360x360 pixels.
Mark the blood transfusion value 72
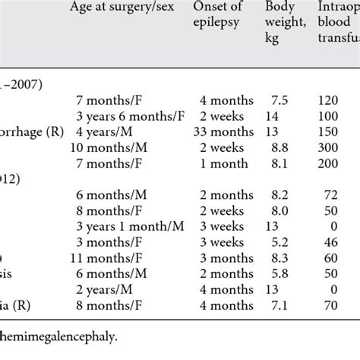point(345,194)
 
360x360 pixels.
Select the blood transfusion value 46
point(345,242)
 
